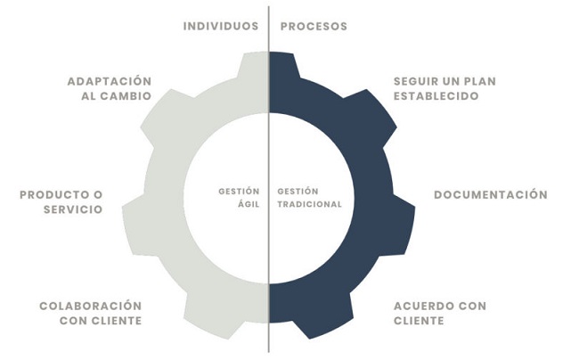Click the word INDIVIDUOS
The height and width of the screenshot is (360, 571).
(221, 26)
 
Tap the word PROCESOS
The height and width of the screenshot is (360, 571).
(314, 26)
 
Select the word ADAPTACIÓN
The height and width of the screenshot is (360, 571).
(110, 81)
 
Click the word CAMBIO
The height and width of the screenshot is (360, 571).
(126, 96)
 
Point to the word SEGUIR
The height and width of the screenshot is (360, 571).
(415, 81)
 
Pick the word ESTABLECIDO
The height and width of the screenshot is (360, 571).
(436, 96)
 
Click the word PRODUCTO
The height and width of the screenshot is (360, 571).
(52, 194)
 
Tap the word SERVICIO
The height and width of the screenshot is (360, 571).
(73, 209)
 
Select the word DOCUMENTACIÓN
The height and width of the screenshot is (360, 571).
(491, 194)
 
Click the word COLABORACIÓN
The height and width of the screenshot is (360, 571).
(91, 306)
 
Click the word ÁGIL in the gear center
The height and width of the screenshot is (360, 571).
(249, 204)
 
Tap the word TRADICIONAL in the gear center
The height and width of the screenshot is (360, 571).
(310, 204)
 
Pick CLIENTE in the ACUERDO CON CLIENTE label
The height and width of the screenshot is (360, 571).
(419, 321)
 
